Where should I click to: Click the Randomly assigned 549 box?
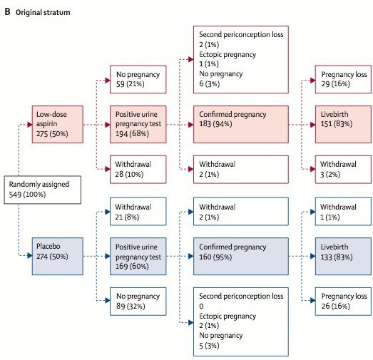pos(43,190)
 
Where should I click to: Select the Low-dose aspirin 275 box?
pos(58,124)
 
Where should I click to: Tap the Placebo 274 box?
pos(58,257)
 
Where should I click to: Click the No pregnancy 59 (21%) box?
pos(138,79)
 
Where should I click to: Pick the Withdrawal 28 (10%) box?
pos(138,169)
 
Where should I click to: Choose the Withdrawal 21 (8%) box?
pos(138,212)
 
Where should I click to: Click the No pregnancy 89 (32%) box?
pos(138,302)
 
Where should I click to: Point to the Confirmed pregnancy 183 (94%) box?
pos(241,124)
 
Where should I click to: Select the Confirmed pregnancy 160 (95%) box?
pos(241,257)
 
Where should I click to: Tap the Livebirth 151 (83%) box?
pos(343,124)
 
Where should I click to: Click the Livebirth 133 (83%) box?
pos(343,257)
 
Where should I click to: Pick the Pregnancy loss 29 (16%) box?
pos(343,79)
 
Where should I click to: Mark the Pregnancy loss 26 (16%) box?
pos(343,302)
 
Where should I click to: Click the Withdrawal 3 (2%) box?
pos(343,169)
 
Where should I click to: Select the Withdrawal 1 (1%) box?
pos(343,212)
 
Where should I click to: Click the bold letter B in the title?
pos(7,12)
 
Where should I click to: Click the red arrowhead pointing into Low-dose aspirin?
pos(30,124)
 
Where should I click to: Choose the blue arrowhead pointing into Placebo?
pos(30,256)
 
